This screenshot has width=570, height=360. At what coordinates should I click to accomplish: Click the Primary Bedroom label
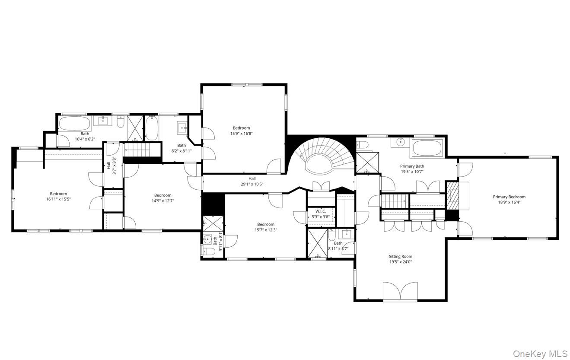509,197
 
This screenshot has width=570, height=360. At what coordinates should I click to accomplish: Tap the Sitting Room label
400,256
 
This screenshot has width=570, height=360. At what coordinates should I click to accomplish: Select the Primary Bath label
412,166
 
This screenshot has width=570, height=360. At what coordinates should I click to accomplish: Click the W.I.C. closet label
320,211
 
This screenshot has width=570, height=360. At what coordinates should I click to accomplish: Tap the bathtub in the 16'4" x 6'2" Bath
74,124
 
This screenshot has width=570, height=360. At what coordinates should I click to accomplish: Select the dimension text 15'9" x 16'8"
241,134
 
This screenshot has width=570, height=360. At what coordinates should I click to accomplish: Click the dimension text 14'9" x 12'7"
162,201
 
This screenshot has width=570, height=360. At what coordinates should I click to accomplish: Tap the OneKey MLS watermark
540,354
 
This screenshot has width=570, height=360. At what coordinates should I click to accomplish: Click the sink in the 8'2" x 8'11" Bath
182,127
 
